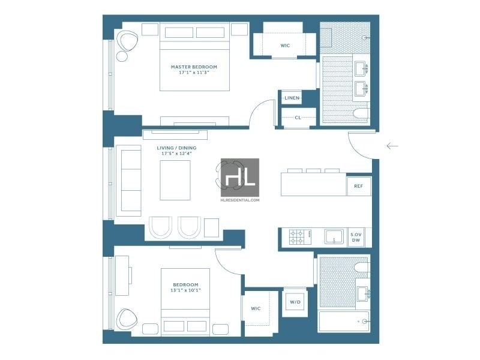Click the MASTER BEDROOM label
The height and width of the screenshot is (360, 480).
point(194,67)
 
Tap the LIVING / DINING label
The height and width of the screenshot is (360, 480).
point(176,148)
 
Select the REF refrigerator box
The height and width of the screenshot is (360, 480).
point(358,186)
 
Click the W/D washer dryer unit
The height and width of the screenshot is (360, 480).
point(295,302)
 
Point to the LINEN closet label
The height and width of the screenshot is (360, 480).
point(292,98)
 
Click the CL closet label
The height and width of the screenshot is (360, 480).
point(298,118)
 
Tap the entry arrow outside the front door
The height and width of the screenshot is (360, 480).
point(392,146)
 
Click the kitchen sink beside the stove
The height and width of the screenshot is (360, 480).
point(334,237)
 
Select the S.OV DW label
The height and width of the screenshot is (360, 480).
point(356,237)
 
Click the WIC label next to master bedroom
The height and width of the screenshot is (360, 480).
point(285,46)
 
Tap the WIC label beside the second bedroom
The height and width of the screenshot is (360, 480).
point(256,308)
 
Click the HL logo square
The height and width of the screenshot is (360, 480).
point(240,178)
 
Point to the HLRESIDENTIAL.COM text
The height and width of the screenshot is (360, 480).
point(240,200)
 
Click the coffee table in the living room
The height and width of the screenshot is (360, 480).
point(175,181)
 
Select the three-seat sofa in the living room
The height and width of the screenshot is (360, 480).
point(128,181)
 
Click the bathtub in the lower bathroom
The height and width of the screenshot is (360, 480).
point(344,322)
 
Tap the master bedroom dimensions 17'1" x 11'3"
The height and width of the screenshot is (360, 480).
point(194,73)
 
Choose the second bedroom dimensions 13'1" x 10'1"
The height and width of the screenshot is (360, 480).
point(185,290)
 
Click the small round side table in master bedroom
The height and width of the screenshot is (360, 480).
point(122,56)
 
